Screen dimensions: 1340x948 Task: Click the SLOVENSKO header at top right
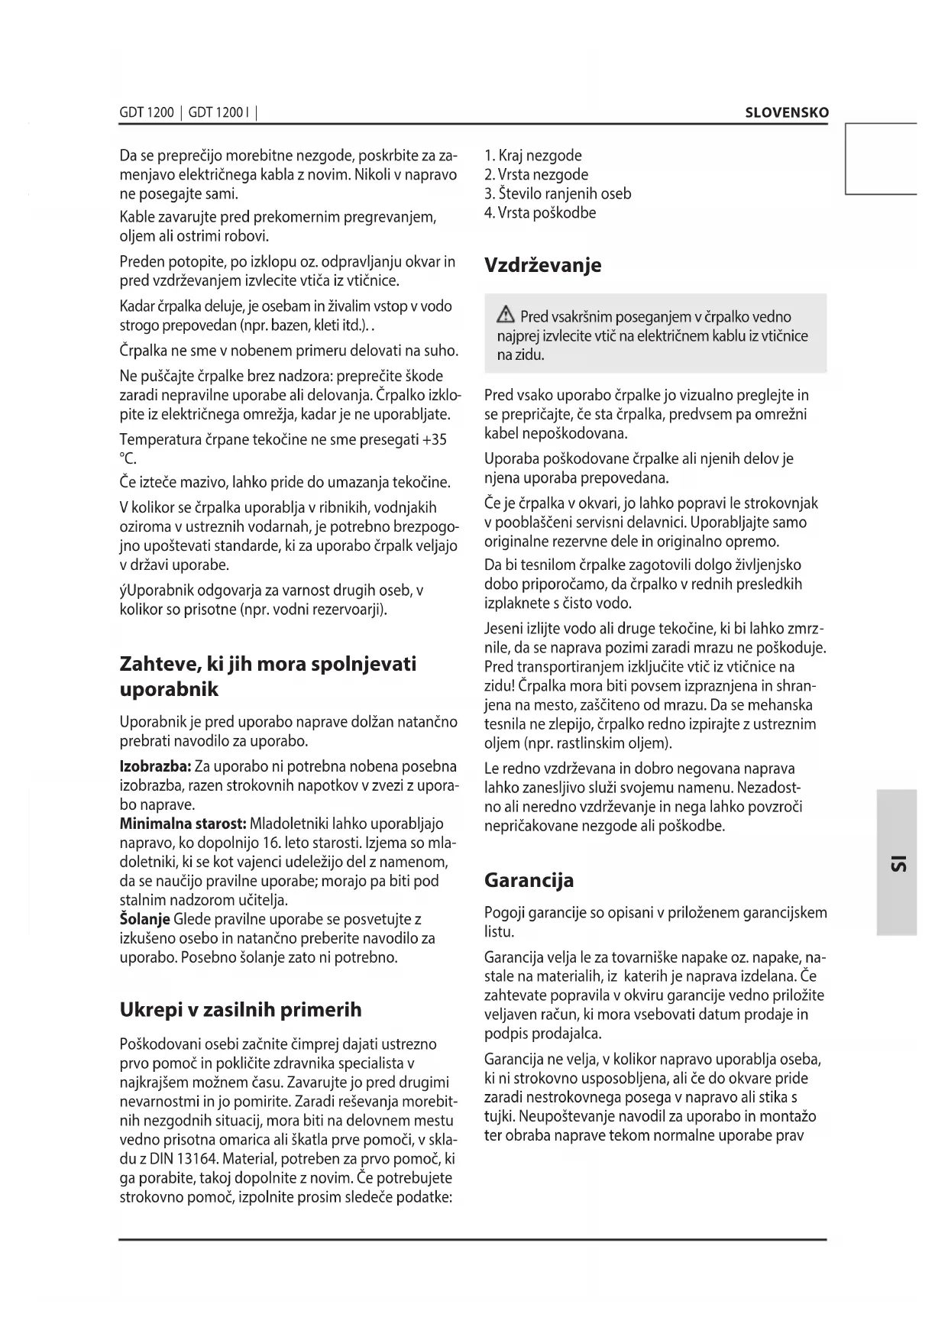[786, 112]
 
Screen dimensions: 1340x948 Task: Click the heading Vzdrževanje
[543, 265]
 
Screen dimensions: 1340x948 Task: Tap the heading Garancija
[529, 880]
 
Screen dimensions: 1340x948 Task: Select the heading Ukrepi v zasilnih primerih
[241, 1009]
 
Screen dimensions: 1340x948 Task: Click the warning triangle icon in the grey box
[505, 316]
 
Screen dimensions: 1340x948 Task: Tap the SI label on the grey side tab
[897, 863]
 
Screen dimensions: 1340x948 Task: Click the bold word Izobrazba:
[155, 766]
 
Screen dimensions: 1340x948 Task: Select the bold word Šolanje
[145, 919]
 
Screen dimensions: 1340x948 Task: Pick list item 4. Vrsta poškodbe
[540, 213]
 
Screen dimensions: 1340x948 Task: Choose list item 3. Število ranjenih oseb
[558, 194]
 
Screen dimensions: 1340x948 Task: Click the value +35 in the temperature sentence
[434, 439]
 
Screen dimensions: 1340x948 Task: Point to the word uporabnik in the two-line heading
[170, 689]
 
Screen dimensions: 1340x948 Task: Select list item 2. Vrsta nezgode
[536, 175]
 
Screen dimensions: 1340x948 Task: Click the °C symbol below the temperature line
[128, 458]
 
